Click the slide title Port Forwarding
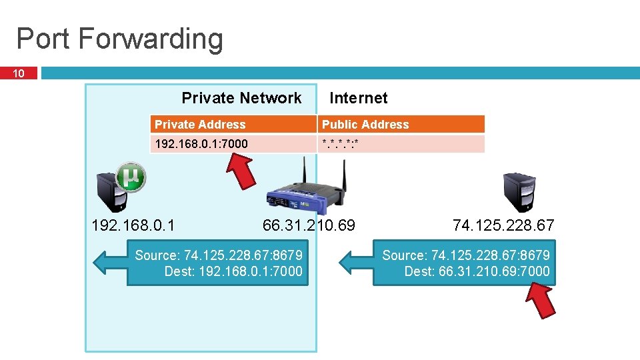[x=119, y=39]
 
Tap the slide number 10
[x=19, y=73]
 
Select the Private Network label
[x=241, y=98]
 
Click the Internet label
[x=358, y=98]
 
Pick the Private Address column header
[x=200, y=125]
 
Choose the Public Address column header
[x=365, y=125]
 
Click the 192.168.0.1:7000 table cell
[x=201, y=144]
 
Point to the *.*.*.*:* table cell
[x=340, y=144]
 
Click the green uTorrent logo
[x=131, y=177]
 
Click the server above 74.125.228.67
[x=519, y=193]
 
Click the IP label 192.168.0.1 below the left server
[x=133, y=225]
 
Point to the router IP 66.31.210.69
[x=309, y=225]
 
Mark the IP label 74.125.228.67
[x=503, y=225]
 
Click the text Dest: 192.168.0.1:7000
[x=233, y=271]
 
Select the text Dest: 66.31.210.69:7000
[x=477, y=271]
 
